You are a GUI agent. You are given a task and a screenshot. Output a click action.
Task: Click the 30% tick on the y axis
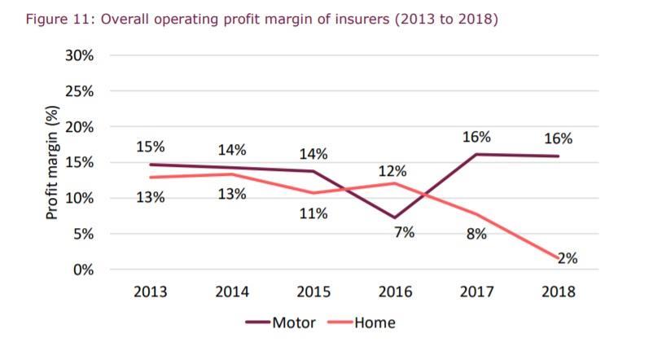(80, 56)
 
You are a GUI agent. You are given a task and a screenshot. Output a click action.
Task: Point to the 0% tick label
(83, 270)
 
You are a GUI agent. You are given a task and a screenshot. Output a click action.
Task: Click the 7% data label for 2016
(404, 232)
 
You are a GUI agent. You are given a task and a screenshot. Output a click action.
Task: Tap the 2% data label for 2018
(567, 259)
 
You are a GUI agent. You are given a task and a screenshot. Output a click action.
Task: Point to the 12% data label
(392, 172)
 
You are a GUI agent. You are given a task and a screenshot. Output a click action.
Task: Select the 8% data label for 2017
(476, 235)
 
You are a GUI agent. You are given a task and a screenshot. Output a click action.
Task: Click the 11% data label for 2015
(313, 214)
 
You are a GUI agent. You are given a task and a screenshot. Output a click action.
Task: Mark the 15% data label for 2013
(150, 147)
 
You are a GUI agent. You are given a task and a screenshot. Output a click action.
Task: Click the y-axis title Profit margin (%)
(52, 163)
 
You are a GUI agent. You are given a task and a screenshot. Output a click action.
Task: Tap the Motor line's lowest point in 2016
(395, 218)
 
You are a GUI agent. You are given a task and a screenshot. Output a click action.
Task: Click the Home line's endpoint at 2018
(558, 257)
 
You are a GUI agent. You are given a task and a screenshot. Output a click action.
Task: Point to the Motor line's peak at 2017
(476, 154)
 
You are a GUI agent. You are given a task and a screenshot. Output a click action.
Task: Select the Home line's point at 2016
(395, 182)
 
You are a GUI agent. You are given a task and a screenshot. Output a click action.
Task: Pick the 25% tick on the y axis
(80, 92)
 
